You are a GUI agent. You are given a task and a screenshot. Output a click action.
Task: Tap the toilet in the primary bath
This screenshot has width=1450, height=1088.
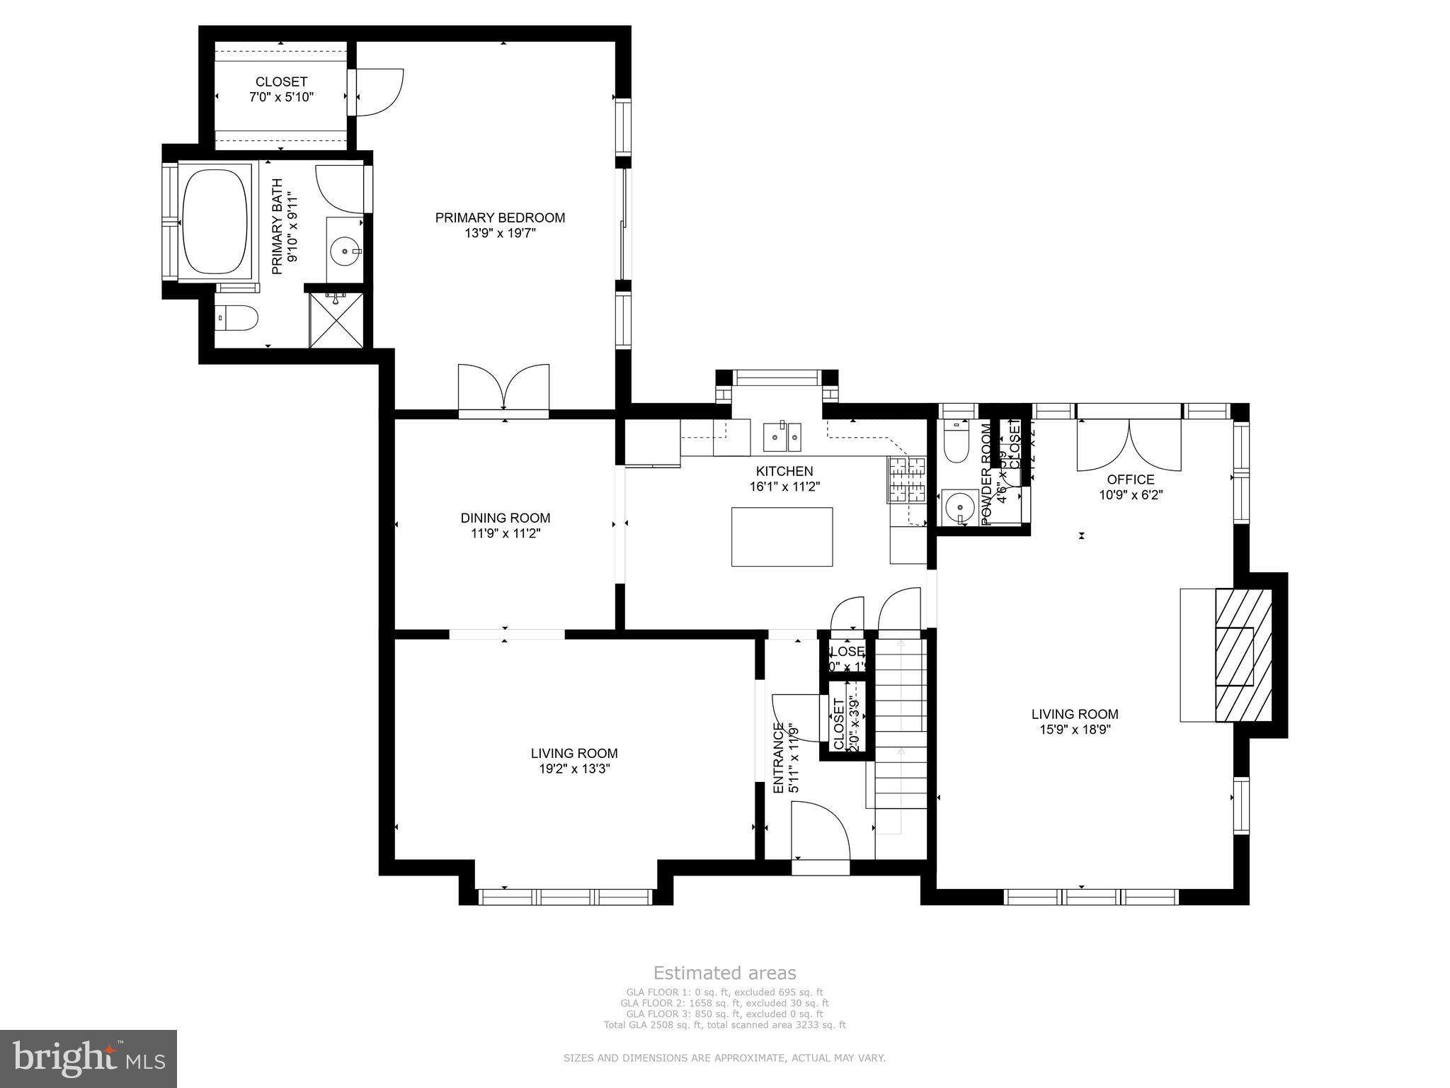(x=239, y=319)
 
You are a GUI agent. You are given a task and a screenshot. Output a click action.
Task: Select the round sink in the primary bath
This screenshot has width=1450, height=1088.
(x=346, y=250)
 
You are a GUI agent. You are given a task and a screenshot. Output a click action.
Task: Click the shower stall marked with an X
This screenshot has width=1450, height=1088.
(x=337, y=320)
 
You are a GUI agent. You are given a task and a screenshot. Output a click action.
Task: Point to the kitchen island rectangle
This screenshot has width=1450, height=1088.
(x=782, y=537)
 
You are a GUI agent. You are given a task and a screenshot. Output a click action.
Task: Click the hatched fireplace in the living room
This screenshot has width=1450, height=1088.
(x=1244, y=655)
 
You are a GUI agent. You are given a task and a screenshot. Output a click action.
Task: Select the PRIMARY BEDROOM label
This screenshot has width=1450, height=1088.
(x=500, y=217)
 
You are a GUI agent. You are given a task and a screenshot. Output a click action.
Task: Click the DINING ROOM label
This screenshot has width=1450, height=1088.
(x=505, y=518)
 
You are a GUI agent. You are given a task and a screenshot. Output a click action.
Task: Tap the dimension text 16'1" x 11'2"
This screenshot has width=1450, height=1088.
(x=784, y=487)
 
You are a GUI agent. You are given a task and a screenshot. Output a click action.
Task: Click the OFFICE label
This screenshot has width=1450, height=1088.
(x=1131, y=480)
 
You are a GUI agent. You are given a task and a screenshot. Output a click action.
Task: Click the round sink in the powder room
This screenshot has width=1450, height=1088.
(x=960, y=506)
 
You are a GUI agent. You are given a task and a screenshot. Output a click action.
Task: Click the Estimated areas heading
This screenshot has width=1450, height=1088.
(x=724, y=973)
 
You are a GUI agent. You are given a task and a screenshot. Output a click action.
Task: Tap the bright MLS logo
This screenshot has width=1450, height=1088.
(x=88, y=1058)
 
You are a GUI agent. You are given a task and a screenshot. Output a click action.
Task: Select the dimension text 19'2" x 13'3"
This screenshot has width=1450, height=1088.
(x=574, y=769)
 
